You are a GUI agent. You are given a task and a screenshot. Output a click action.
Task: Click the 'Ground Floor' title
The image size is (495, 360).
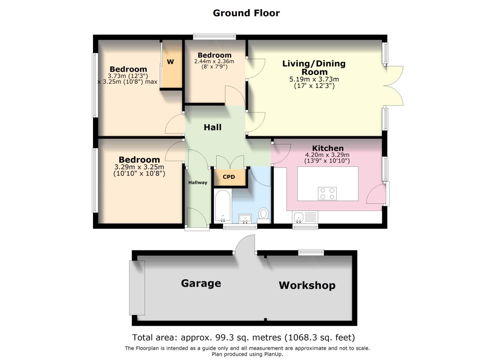246,13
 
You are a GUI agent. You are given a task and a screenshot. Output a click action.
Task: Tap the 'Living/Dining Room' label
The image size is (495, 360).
314,68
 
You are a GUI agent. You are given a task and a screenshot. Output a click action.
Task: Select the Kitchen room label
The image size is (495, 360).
328,148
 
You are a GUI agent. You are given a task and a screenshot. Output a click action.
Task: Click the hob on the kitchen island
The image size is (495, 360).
327,194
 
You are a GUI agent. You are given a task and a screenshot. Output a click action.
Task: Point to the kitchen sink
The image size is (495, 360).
299,217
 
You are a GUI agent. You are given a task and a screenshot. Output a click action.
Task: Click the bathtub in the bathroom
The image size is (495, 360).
223,206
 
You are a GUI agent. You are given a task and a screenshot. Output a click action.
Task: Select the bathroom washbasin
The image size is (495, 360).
245,219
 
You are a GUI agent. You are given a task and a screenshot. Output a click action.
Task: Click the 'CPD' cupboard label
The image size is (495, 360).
229,177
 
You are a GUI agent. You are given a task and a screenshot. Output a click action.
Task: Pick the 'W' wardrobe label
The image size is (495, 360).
170,62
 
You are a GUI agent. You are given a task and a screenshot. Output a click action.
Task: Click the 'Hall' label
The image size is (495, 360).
213,127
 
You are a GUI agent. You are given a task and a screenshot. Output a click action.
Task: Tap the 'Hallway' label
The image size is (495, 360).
198,183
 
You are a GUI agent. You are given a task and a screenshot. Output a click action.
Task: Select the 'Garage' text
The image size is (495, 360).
201,283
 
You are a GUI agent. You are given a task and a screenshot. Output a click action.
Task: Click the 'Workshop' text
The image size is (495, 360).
307,285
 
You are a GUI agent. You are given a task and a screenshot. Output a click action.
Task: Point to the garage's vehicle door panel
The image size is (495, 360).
137,288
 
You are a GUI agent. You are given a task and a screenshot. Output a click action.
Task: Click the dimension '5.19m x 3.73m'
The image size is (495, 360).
314,79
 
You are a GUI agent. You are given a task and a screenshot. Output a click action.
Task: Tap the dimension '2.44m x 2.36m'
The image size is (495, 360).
214,61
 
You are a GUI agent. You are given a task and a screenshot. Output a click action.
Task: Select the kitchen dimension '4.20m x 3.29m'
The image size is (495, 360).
327,155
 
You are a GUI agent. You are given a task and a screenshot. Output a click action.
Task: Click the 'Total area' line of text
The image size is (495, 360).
244,338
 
